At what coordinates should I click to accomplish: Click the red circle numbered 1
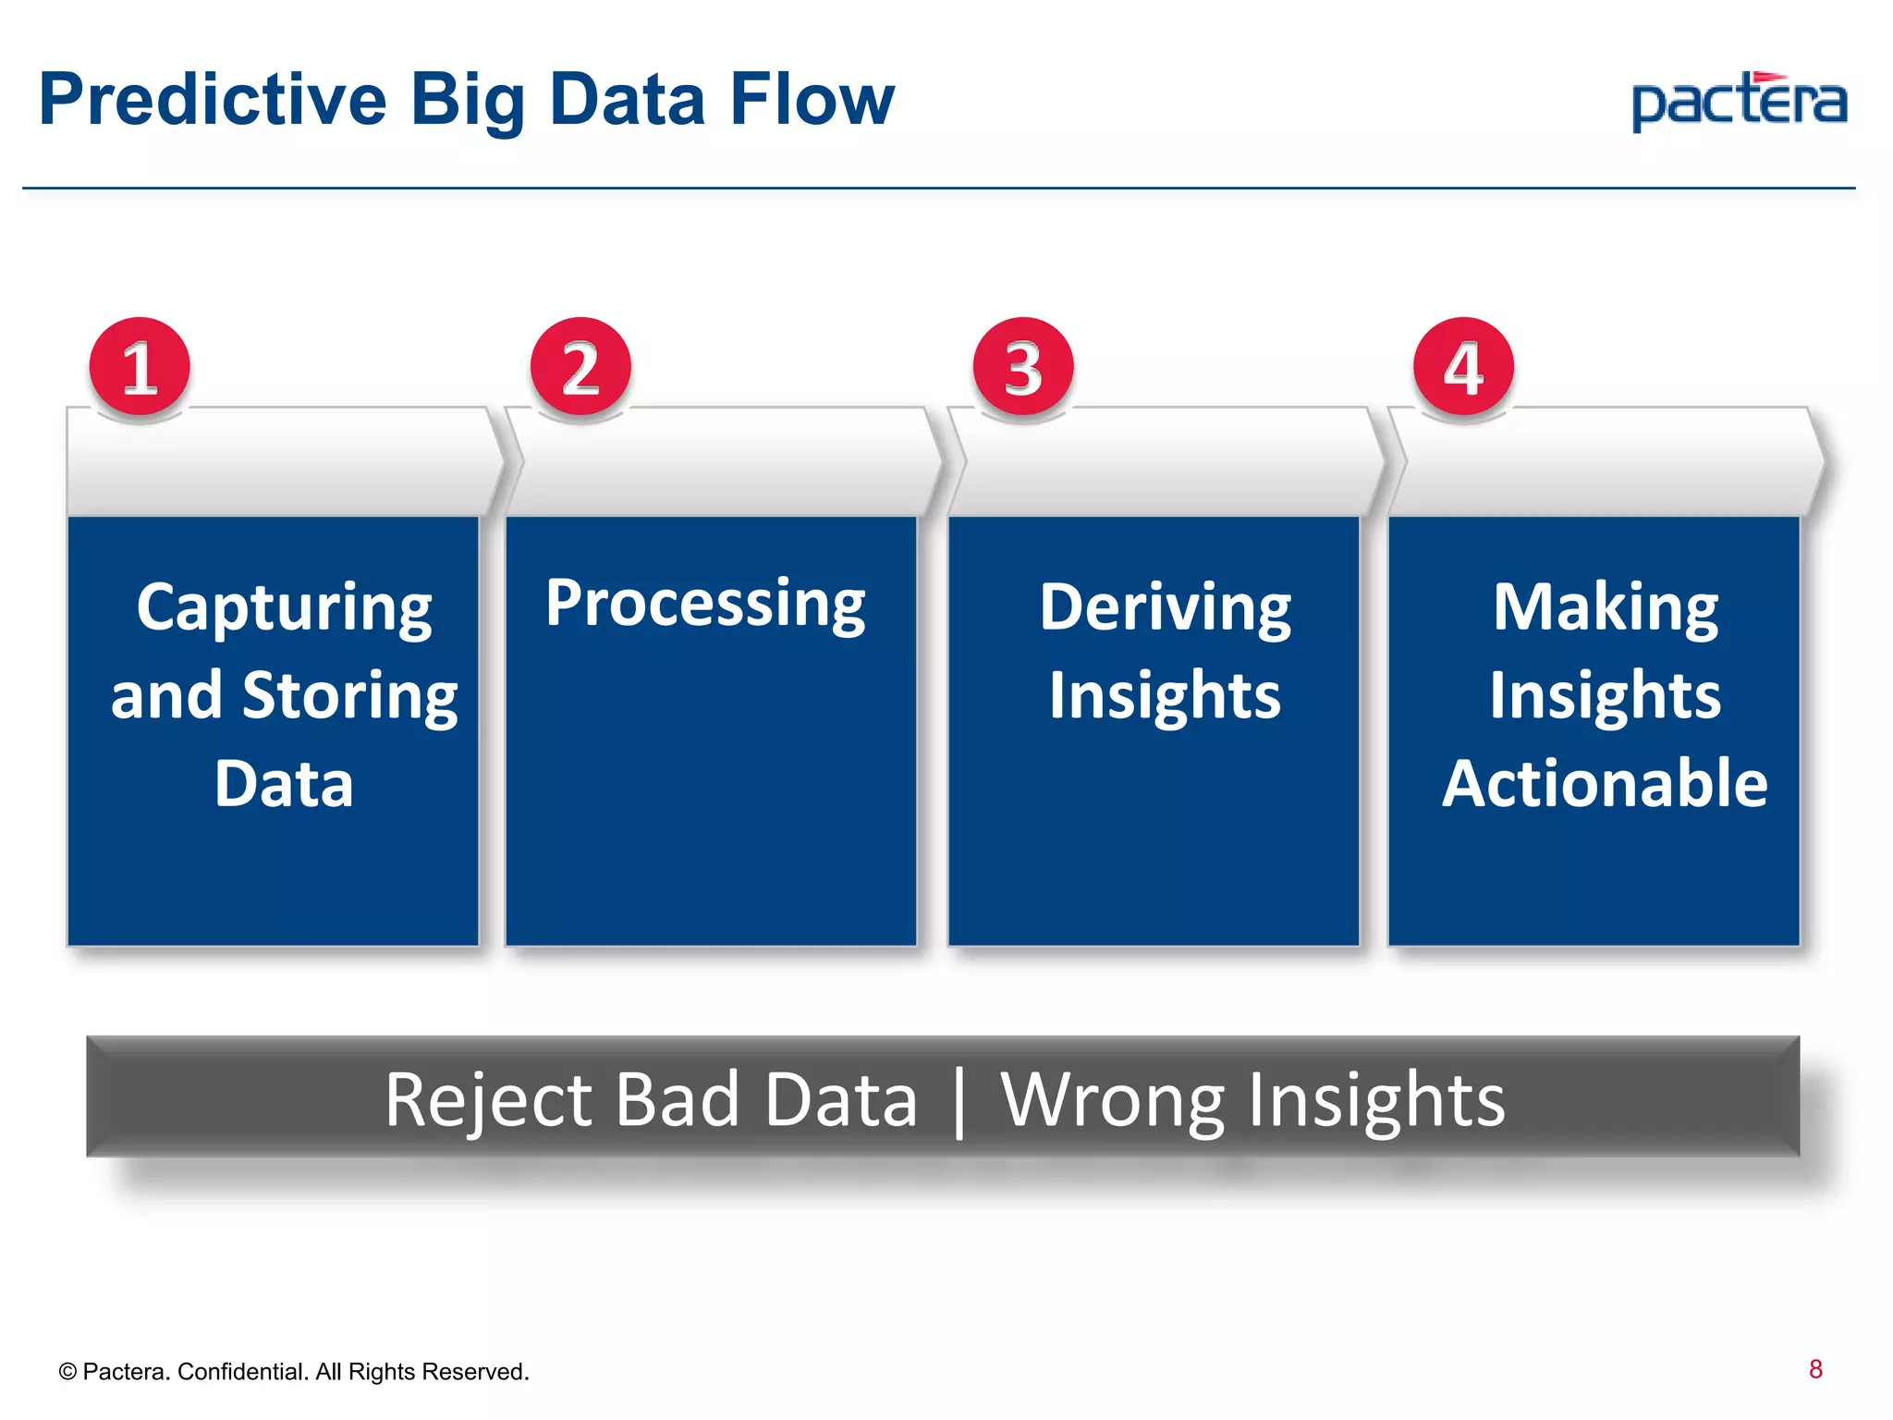[x=140, y=368]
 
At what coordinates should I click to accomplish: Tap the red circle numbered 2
[x=580, y=368]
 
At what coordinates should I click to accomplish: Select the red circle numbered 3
[x=1023, y=368]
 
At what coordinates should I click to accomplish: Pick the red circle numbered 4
[x=1463, y=368]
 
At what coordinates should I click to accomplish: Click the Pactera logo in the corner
[x=1739, y=102]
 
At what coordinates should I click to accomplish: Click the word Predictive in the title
[x=213, y=100]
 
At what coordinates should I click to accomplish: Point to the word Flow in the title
[x=812, y=100]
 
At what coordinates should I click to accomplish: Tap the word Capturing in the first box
[x=284, y=608]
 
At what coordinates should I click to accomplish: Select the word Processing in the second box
[x=705, y=604]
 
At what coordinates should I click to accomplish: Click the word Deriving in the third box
[x=1166, y=608]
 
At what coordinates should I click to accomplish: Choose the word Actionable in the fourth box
[x=1605, y=784]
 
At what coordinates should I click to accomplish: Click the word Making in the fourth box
[x=1606, y=608]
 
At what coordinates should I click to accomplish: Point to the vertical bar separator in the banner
[x=959, y=1102]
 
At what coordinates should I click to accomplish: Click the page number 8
[x=1815, y=1369]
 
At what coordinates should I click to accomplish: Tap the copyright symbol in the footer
[x=67, y=1372]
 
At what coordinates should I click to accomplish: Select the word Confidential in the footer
[x=242, y=1372]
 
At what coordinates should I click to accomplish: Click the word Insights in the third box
[x=1165, y=695]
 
